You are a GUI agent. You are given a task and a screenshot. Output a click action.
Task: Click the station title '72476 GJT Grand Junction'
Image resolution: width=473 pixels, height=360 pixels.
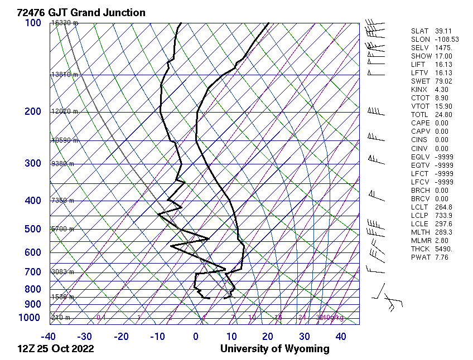pyautogui.click(x=81, y=12)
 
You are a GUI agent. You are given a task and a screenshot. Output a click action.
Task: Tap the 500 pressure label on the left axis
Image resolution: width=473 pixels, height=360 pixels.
pyautogui.click(x=33, y=229)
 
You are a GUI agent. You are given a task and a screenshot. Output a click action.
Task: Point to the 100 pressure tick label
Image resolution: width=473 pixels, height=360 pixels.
pyautogui.click(x=33, y=23)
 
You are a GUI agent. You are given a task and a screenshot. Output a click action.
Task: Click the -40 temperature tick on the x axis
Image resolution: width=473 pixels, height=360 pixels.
pyautogui.click(x=49, y=337)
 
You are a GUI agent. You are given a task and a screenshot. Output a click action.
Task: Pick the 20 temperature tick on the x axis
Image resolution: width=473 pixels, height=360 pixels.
pyautogui.click(x=268, y=337)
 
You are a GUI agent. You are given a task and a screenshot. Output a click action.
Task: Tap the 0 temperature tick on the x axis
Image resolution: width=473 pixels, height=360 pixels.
pyautogui.click(x=196, y=337)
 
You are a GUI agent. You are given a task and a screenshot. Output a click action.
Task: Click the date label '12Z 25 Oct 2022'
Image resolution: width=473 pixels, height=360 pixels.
pyautogui.click(x=56, y=349)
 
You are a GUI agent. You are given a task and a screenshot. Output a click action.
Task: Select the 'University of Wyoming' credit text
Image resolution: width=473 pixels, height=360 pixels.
pyautogui.click(x=274, y=349)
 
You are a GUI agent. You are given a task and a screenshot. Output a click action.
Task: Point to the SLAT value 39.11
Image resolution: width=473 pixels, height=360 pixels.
pyautogui.click(x=443, y=31)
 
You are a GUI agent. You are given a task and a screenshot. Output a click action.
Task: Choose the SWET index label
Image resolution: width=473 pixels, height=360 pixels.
pyautogui.click(x=419, y=81)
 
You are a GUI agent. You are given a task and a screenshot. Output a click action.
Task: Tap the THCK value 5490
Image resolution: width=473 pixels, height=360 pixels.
pyautogui.click(x=443, y=249)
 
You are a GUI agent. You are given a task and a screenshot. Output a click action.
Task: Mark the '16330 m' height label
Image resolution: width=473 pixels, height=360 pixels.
pyautogui.click(x=65, y=23)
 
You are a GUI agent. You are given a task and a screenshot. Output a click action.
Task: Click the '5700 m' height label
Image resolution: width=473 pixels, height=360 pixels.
pyautogui.click(x=62, y=229)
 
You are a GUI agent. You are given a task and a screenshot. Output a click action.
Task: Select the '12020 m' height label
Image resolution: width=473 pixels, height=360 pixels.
pyautogui.click(x=65, y=111)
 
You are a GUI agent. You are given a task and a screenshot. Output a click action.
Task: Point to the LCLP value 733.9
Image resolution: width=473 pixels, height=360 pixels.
pyautogui.click(x=443, y=215)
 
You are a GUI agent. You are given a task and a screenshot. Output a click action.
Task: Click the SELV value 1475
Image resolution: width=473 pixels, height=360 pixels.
pyautogui.click(x=443, y=48)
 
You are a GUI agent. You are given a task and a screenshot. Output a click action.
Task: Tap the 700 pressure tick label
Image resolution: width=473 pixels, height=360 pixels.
pyautogui.click(x=33, y=272)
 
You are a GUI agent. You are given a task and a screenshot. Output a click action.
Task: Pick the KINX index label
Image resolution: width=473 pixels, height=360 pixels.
pyautogui.click(x=419, y=90)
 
